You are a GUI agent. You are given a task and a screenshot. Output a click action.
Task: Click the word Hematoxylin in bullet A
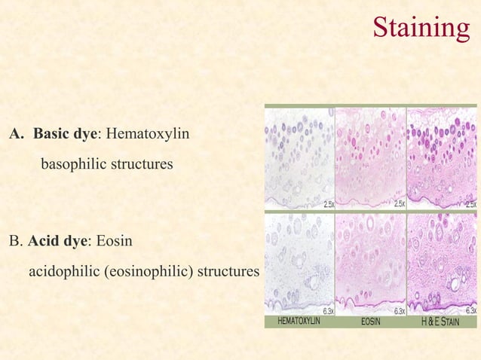coord(148,135)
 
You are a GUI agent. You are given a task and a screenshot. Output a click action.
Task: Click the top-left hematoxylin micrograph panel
coord(299,157)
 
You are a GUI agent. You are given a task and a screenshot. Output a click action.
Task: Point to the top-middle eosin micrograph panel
coord(370,157)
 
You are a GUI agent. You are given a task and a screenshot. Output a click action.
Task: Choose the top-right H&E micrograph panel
coord(442,157)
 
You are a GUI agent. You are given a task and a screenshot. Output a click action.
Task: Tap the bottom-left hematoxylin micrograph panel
coord(299,263)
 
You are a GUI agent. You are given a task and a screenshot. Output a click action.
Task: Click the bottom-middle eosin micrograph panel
coord(370,263)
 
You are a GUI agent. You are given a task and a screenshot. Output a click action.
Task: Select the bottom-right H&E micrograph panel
coord(442,263)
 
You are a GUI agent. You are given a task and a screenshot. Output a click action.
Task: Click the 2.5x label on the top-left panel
coord(328,204)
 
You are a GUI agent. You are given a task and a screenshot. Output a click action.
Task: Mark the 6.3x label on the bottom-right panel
coord(470,310)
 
